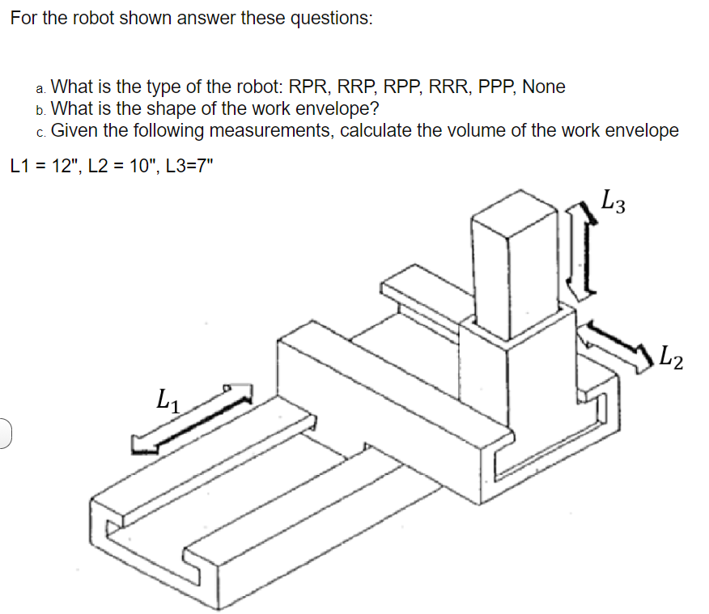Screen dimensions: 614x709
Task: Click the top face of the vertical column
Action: tap(514, 213)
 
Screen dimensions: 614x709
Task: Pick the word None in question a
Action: tap(544, 87)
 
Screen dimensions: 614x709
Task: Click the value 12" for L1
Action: tap(67, 167)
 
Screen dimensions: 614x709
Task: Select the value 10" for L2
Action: tap(141, 167)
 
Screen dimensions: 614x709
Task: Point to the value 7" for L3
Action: tap(207, 167)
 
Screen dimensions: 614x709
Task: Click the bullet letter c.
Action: tap(40, 133)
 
